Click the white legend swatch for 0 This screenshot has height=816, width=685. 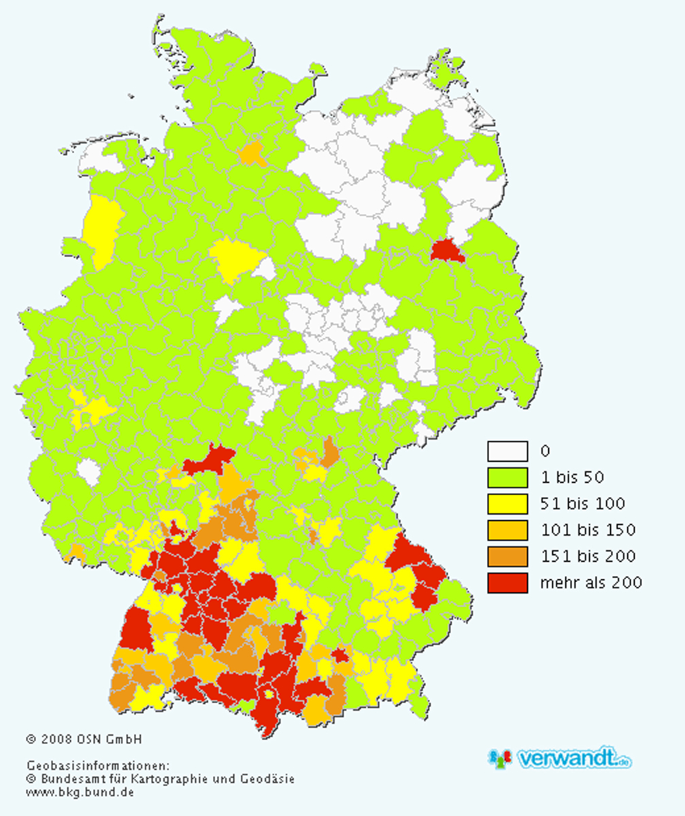click(507, 452)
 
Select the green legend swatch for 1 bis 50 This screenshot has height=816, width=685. click(507, 477)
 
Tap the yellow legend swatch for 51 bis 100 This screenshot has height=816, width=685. click(507, 504)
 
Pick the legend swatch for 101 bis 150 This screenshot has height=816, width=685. click(507, 530)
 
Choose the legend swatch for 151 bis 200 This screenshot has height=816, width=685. click(507, 556)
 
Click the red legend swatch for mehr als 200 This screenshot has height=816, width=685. click(507, 583)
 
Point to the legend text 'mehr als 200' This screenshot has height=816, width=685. click(590, 583)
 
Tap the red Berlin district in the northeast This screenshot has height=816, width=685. click(447, 251)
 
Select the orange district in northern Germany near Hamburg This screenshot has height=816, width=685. click(253, 154)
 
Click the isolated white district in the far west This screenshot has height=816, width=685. click(88, 472)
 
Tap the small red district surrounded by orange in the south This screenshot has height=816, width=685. click(339, 654)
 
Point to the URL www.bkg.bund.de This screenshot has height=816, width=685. click(80, 792)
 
